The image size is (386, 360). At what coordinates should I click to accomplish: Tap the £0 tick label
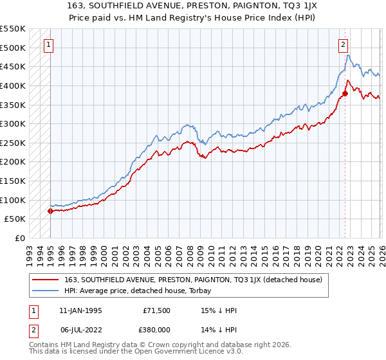[21, 238]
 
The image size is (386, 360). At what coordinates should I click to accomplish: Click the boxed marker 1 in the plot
[50, 44]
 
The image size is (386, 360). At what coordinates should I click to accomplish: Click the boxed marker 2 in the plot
[344, 44]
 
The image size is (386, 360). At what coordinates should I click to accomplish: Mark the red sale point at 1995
[50, 211]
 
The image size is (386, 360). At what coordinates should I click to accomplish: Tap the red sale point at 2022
[345, 93]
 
